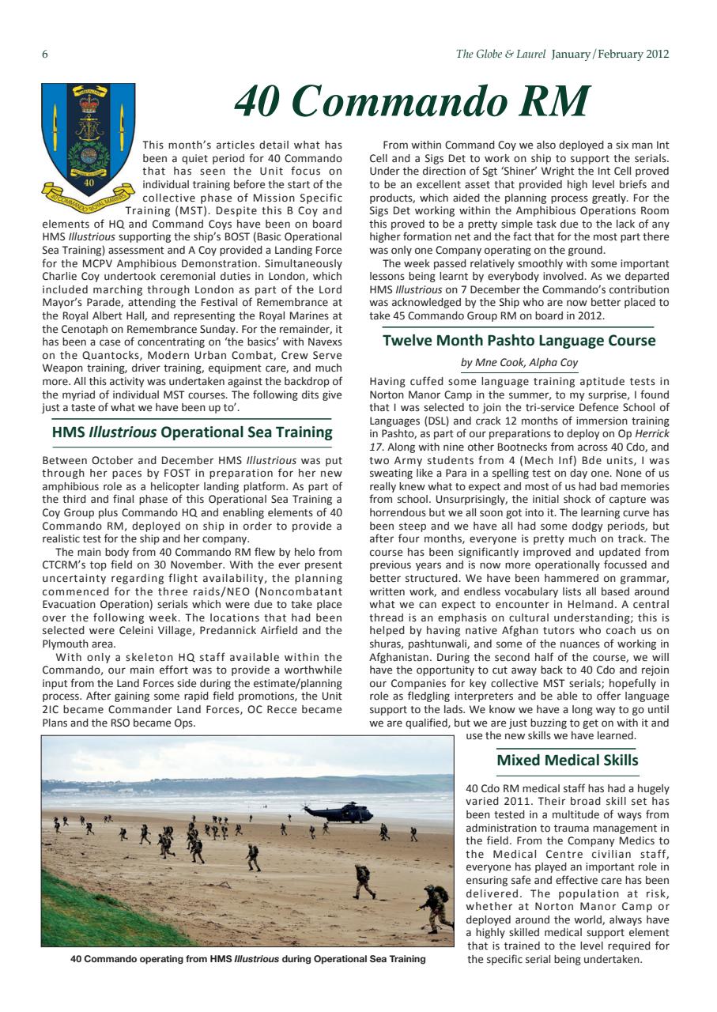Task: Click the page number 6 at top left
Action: pos(45,55)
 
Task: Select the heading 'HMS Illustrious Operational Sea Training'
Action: pos(192,432)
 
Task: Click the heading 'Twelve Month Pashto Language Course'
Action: pos(519,342)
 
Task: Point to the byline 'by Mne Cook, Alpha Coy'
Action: pos(519,363)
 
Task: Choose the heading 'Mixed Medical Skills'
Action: pos(567,761)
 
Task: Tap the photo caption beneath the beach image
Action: pos(247,959)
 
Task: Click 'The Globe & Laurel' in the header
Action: pos(501,55)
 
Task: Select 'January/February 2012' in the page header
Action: pos(610,55)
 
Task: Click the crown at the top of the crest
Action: pos(88,103)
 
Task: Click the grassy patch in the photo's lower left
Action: pos(79,917)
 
